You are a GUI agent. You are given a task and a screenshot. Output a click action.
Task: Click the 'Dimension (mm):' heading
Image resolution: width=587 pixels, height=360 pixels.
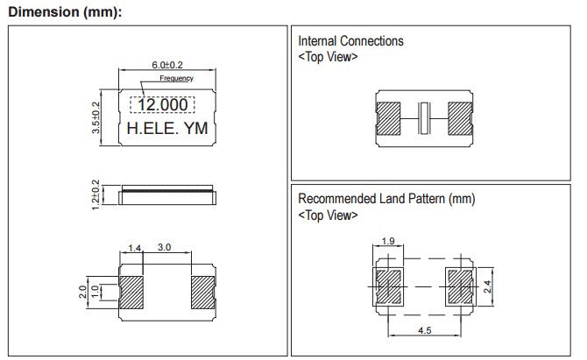click(64, 11)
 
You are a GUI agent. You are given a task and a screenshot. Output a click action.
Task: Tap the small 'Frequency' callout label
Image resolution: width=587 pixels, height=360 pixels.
click(176, 79)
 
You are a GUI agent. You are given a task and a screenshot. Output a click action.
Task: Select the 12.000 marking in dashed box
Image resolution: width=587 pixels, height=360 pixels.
click(164, 104)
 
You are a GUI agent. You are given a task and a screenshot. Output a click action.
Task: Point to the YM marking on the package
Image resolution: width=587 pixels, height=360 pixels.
click(194, 128)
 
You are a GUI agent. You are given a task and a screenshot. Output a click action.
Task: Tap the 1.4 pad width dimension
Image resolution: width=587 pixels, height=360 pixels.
click(135, 250)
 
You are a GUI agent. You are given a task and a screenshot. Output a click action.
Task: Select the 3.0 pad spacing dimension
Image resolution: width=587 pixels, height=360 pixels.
click(164, 250)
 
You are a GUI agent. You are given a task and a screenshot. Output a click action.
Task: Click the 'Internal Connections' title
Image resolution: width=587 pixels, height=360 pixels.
click(350, 41)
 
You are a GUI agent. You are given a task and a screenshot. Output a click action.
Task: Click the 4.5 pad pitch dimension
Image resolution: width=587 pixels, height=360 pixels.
click(424, 331)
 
